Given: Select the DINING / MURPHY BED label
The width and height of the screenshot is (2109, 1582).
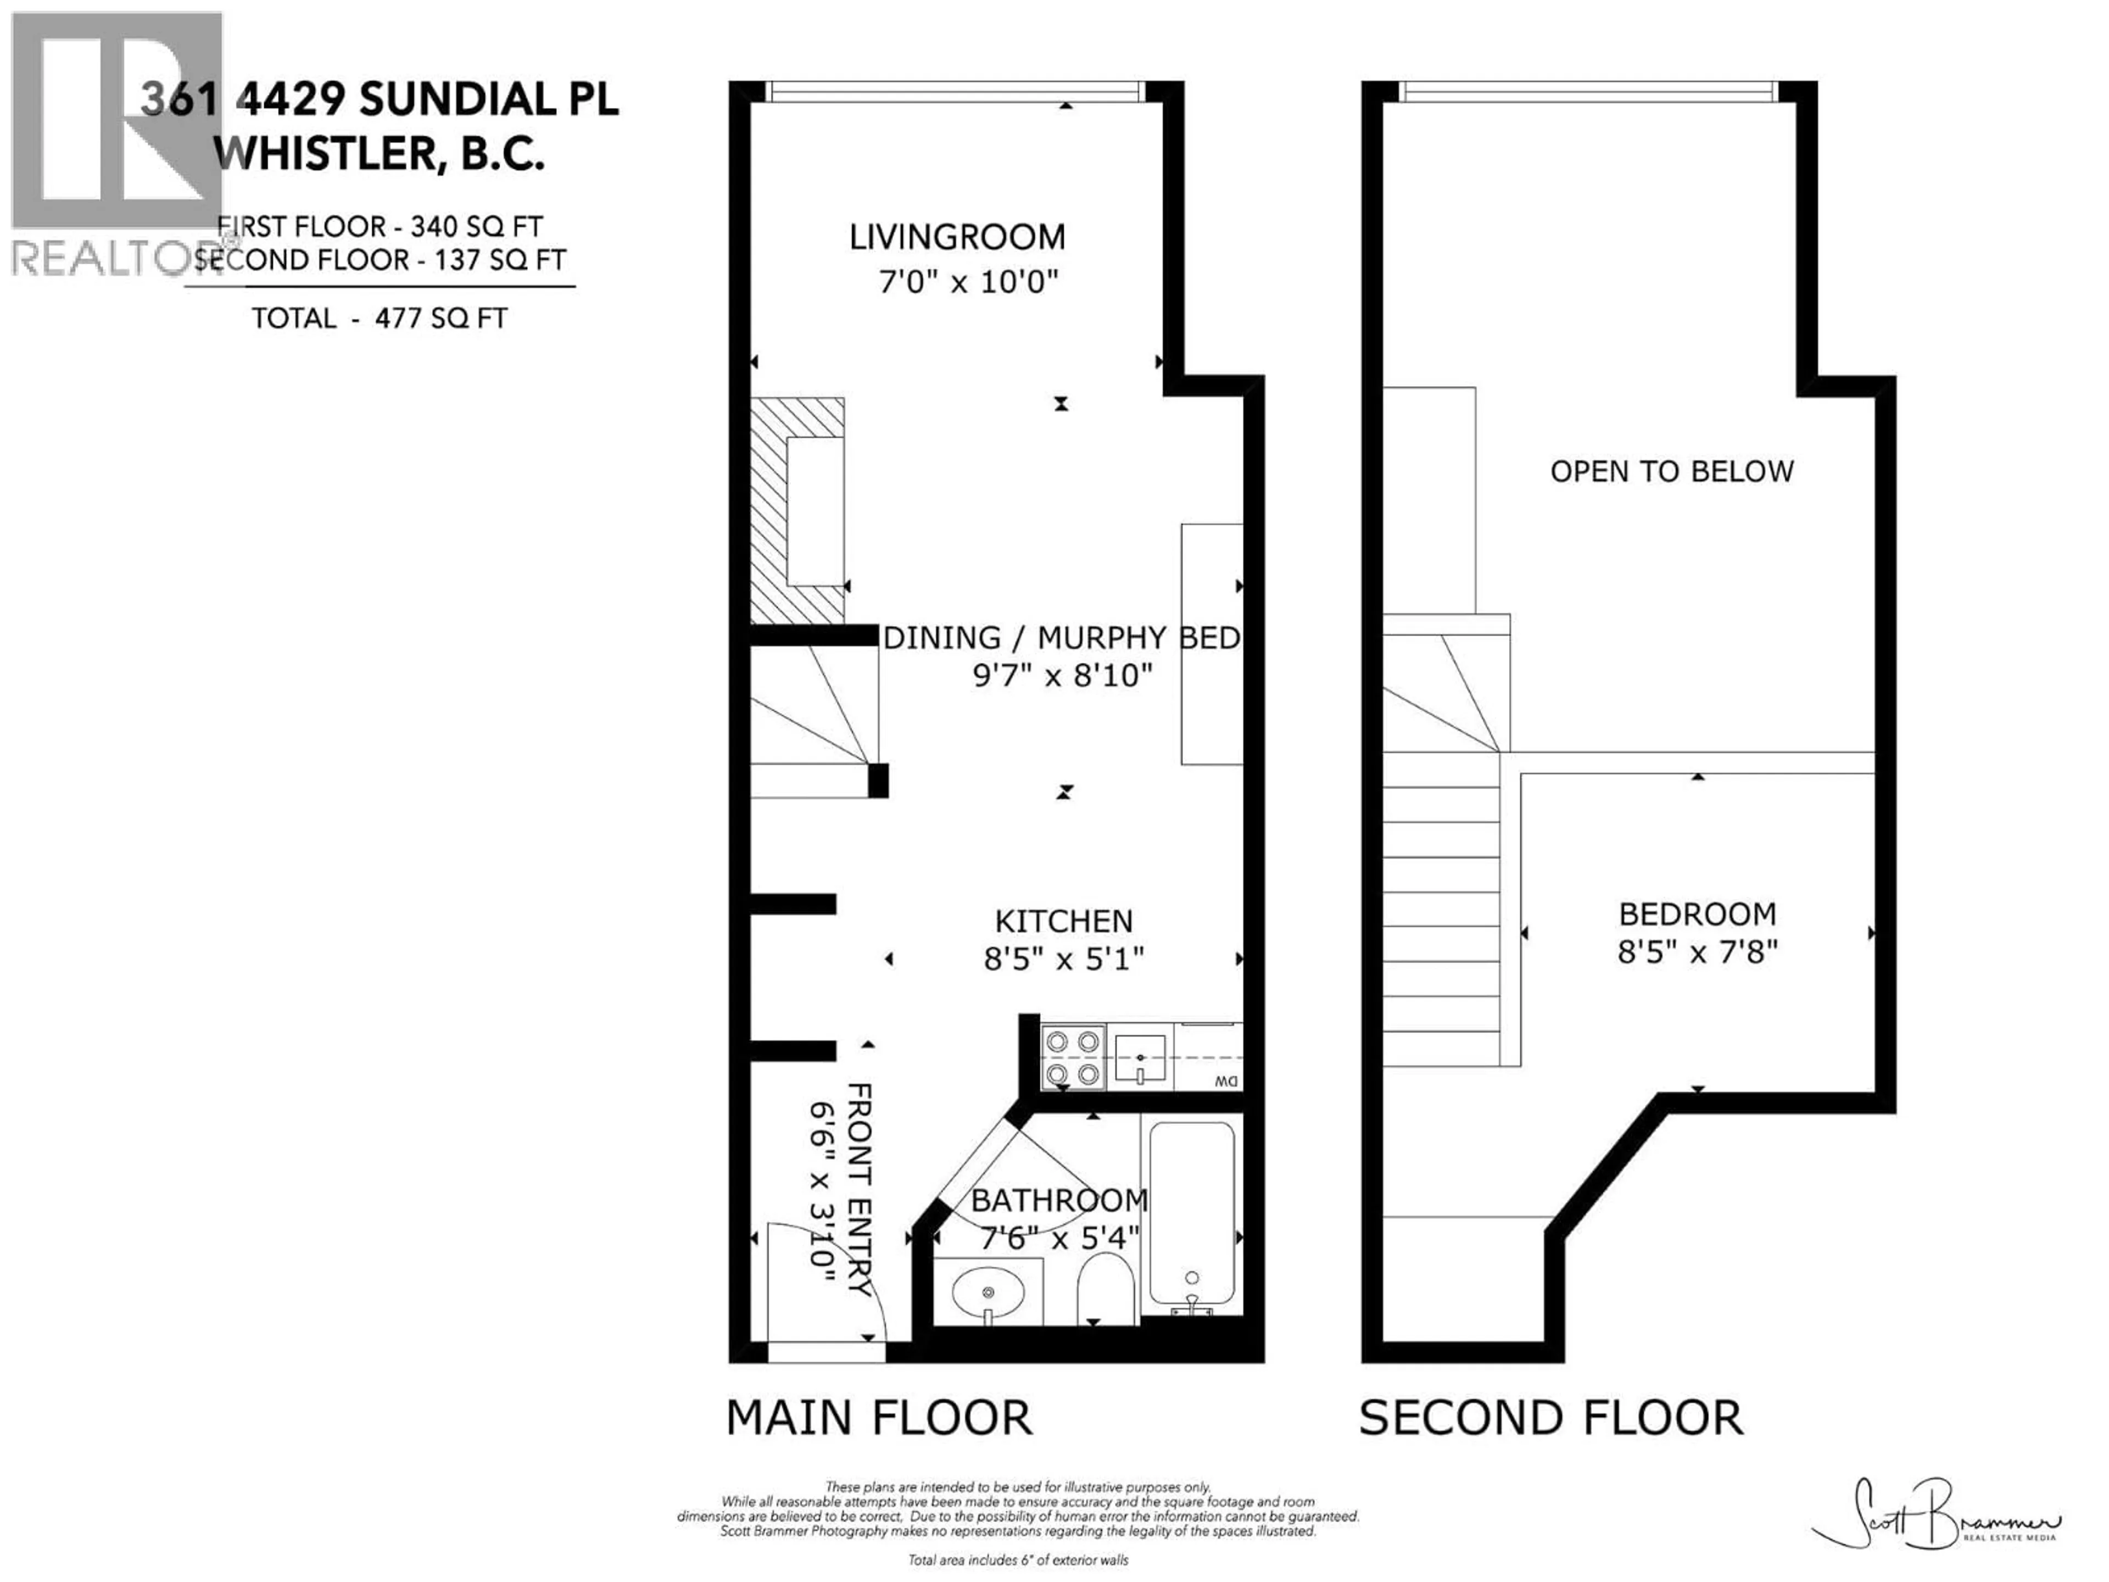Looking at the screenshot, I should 1061,638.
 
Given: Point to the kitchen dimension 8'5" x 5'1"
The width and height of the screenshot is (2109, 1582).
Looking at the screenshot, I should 1063,959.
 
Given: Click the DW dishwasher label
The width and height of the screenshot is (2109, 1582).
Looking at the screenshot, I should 1226,1082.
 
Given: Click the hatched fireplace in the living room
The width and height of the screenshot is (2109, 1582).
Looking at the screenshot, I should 797,510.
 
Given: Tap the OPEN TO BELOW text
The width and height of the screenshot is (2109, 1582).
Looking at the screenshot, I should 1671,472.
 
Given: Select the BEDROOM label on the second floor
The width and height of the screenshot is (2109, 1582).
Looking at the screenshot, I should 1697,915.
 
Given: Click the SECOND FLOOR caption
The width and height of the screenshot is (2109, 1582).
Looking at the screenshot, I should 1550,1418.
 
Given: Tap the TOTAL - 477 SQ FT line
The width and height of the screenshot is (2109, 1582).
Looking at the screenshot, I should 380,319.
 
